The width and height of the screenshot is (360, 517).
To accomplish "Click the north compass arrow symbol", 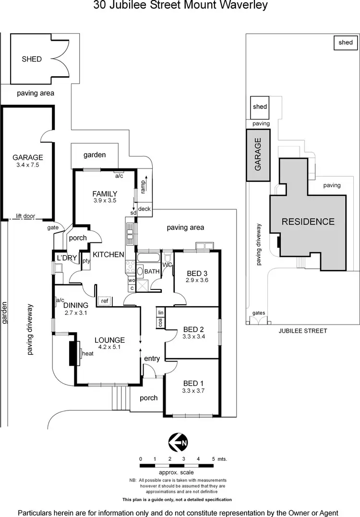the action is pos(178,442).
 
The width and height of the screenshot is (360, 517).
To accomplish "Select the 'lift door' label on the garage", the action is pos(25,216).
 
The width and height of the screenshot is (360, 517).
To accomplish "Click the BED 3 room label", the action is pos(197,273).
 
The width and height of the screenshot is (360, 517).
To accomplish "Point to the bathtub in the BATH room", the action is pos(148,257).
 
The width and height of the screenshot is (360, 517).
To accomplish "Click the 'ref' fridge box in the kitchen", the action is pos(105,301).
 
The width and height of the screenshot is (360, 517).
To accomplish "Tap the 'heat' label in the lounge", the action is pos(88,353).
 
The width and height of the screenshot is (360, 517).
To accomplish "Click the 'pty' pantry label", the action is pos(86,261).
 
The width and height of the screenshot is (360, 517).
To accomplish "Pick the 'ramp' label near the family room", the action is pos(143,187).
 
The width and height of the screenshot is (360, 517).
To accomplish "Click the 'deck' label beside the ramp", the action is pos(144,209).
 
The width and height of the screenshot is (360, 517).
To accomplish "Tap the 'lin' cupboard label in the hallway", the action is pos(160,313).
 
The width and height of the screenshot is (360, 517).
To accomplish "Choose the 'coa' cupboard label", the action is pos(160,323).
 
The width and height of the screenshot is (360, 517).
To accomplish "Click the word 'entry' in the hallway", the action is pos(152,359).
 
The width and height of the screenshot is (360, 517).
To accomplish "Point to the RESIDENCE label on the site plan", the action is pos(308,222).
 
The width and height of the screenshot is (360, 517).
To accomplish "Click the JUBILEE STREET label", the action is pos(303,331).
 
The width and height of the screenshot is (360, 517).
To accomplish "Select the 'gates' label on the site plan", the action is pos(259,313).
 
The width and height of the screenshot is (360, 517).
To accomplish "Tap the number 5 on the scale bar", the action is pos(214,458).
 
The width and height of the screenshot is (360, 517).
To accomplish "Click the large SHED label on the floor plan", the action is pos(32,59).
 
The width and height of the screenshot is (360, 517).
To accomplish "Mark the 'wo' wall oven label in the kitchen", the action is pos(132,280).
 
